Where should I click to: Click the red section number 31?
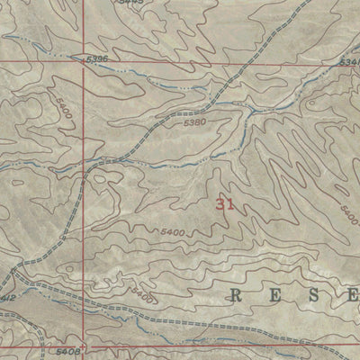pyautogui.click(x=225, y=204)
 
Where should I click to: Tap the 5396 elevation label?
pyautogui.click(x=98, y=59)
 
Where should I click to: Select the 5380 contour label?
pyautogui.click(x=193, y=122)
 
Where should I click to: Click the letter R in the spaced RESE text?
pyautogui.click(x=238, y=294)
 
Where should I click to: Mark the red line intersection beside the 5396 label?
pyautogui.click(x=85, y=62)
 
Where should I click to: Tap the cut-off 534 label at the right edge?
pyautogui.click(x=351, y=61)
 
